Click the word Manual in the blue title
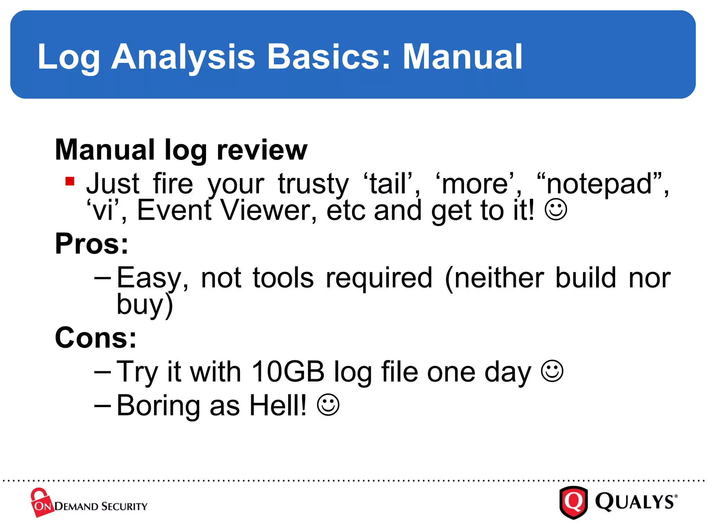(x=463, y=57)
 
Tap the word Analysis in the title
(x=183, y=57)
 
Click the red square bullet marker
(x=70, y=181)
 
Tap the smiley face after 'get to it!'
(x=555, y=209)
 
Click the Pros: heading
(x=92, y=244)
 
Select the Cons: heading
(x=96, y=337)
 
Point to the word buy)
(x=145, y=305)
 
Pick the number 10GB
(x=288, y=372)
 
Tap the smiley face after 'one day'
(x=552, y=371)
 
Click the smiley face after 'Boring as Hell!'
(x=328, y=405)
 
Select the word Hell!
(x=278, y=405)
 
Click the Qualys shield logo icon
(x=573, y=502)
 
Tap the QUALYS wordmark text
(x=635, y=502)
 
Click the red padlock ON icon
(x=41, y=503)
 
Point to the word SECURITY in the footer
(x=124, y=507)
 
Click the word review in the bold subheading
(x=262, y=150)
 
